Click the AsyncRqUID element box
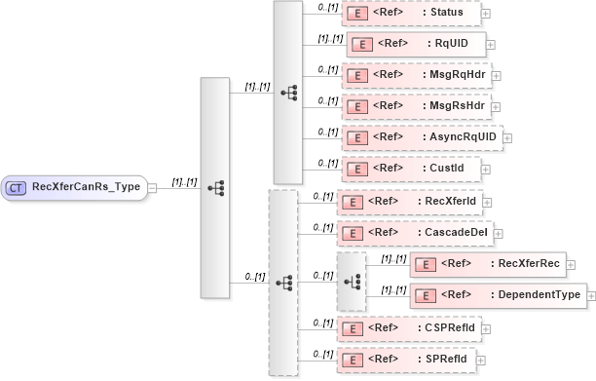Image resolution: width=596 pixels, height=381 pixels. (420, 137)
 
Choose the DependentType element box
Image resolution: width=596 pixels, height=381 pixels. (497, 295)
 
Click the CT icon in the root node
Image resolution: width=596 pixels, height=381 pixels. (18, 187)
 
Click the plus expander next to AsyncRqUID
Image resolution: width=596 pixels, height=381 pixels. (507, 138)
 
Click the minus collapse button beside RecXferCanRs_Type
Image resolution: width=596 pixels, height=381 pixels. (153, 188)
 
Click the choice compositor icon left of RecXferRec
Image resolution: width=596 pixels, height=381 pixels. (352, 281)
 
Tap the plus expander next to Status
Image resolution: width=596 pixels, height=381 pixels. (485, 15)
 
